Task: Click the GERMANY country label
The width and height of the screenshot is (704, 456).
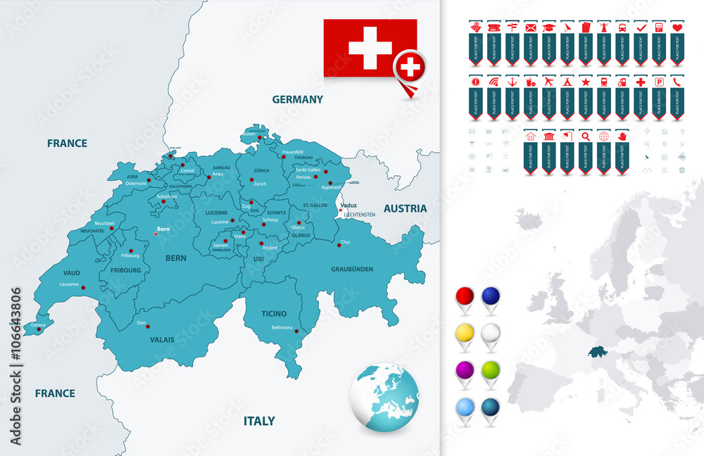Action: (x=298, y=100)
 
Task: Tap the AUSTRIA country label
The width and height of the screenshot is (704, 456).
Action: (x=405, y=208)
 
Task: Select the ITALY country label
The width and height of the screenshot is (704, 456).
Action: (x=259, y=421)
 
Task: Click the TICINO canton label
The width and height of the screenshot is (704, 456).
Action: (x=274, y=313)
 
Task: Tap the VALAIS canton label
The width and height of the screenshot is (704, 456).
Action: (x=162, y=339)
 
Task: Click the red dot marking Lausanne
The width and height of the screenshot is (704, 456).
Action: (x=84, y=287)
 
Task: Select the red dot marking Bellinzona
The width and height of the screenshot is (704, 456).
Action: (x=296, y=331)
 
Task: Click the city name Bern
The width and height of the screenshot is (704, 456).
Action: (x=163, y=229)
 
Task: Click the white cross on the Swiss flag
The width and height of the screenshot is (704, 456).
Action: (x=370, y=47)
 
